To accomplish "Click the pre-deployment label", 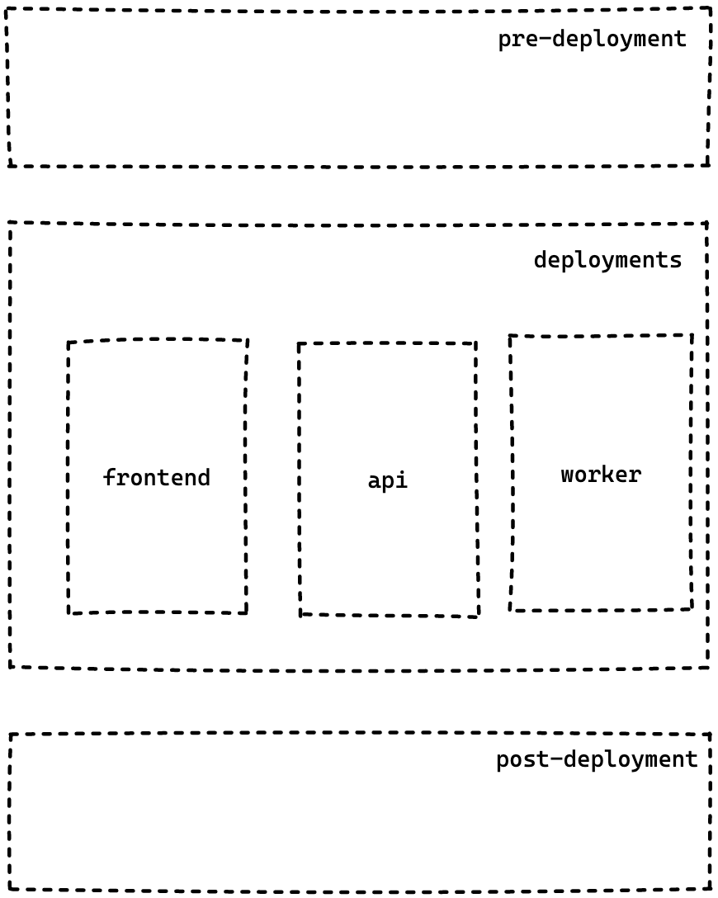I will tap(592, 39).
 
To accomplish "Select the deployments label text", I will tap(607, 260).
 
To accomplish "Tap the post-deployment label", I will tap(597, 759).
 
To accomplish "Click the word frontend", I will tap(157, 477).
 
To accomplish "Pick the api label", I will tap(387, 480).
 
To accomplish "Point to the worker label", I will tap(601, 475).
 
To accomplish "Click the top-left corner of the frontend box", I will tap(68, 343).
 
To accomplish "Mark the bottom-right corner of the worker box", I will tap(691, 608).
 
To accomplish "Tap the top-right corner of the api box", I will tap(476, 343).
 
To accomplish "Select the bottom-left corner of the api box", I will tap(300, 614).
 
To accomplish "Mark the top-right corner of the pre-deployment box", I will tap(710, 9).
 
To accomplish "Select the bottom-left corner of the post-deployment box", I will tap(11, 888).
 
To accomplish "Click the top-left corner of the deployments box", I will tap(10, 223).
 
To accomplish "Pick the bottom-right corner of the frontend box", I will tap(246, 612).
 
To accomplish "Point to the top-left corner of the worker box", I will tap(510, 336).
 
